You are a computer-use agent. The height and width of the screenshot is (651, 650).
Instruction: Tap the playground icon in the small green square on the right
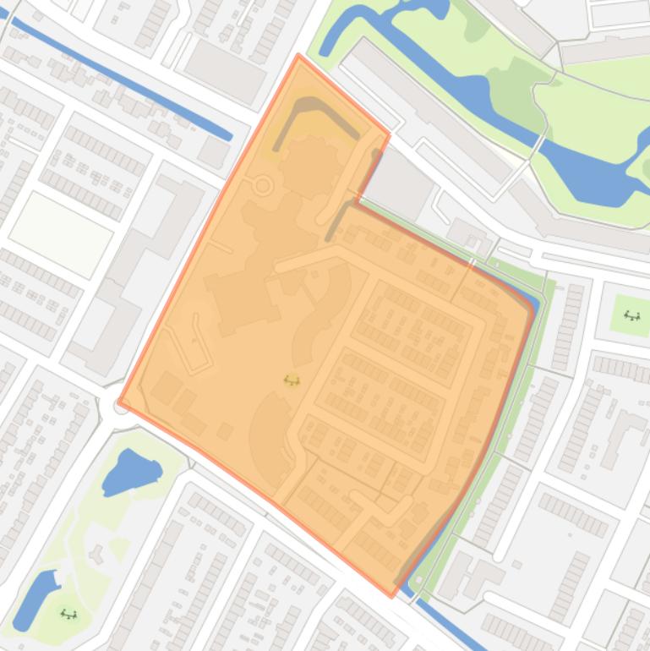pyautogui.click(x=631, y=316)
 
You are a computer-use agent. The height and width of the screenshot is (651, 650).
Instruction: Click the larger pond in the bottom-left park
pyautogui.click(x=130, y=472)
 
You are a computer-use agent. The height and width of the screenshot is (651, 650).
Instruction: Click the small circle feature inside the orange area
pyautogui.click(x=263, y=185)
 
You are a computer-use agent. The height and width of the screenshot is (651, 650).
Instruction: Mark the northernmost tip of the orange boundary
pyautogui.click(x=298, y=56)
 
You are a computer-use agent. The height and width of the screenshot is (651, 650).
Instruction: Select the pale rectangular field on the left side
pyautogui.click(x=61, y=222)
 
